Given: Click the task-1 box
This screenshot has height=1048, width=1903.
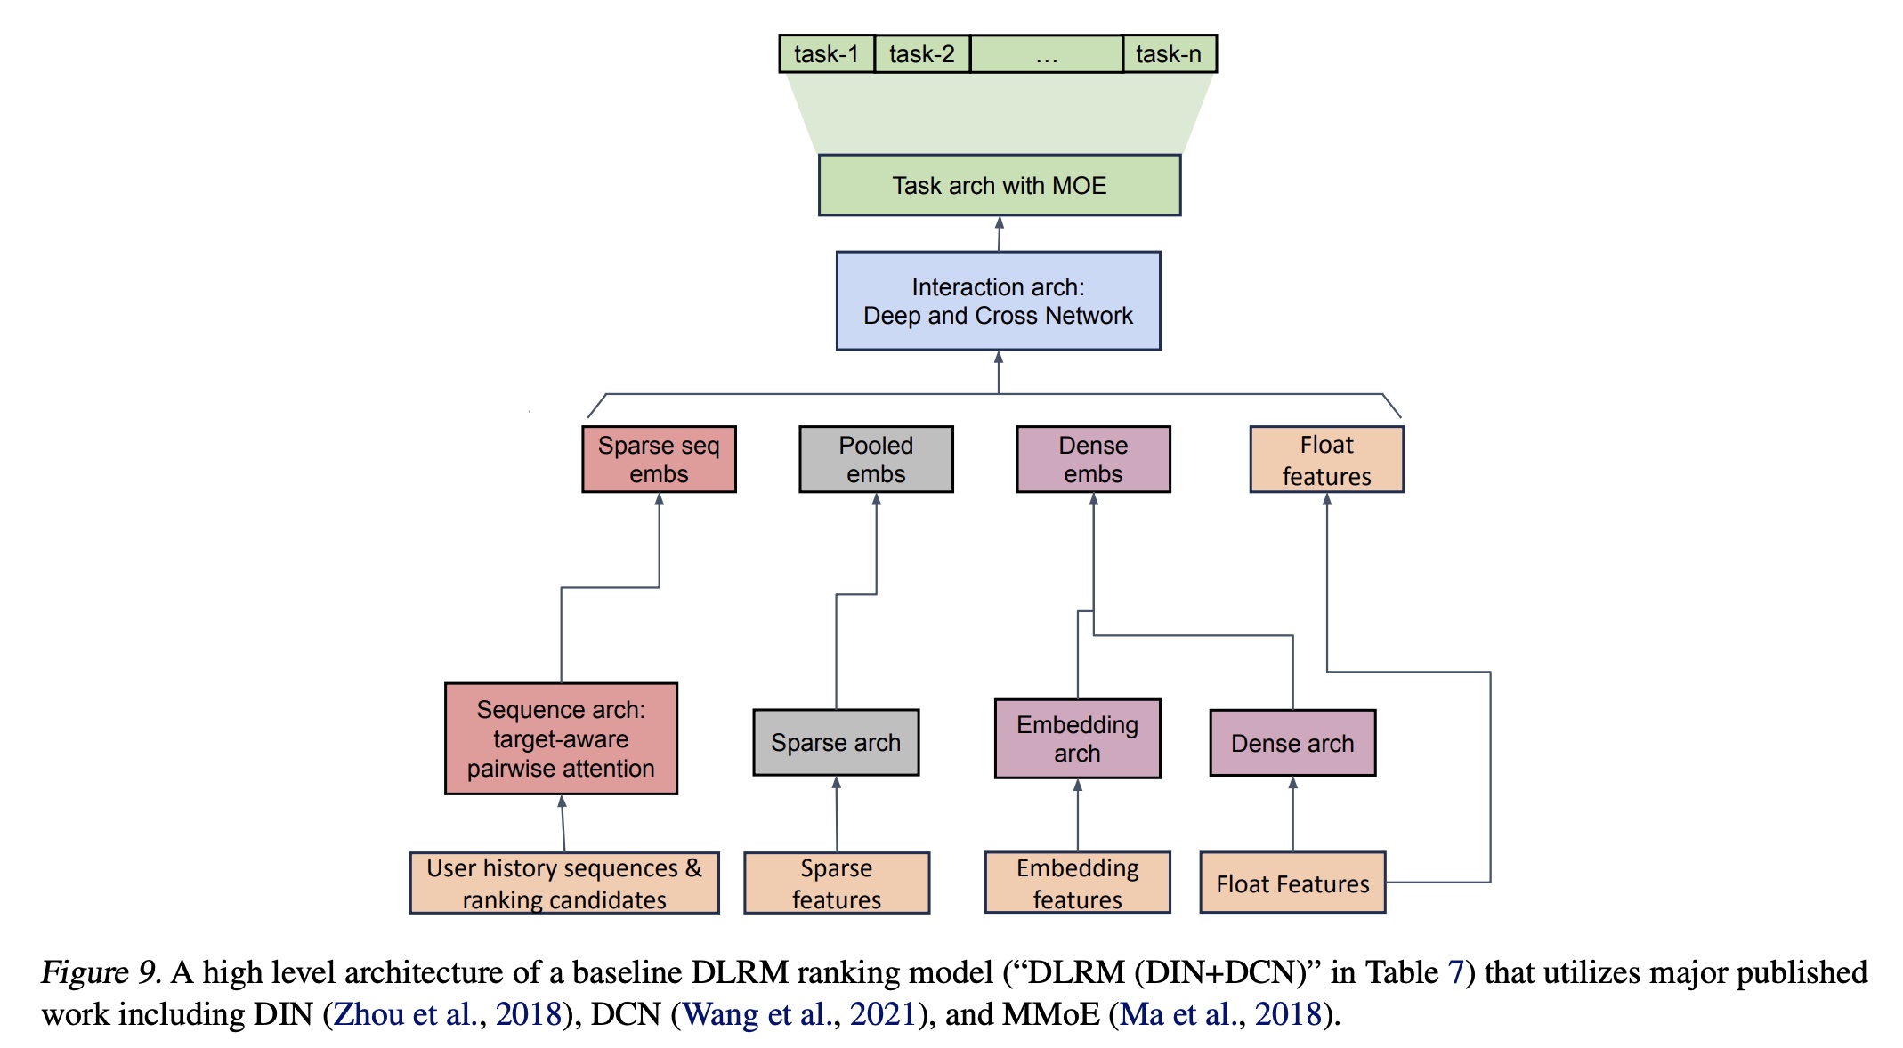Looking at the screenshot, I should (827, 54).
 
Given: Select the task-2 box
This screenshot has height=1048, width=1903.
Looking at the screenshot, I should (922, 54).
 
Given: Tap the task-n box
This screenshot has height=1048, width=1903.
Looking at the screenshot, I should (1169, 54).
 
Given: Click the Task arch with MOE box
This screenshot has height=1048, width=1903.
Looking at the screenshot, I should (1000, 185).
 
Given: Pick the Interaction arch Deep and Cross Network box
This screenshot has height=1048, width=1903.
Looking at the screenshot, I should (998, 301).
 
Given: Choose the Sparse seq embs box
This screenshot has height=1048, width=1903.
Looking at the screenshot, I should (659, 459).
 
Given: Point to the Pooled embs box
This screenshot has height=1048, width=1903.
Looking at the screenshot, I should (876, 459).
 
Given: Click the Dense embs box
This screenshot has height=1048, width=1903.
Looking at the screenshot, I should (1093, 459).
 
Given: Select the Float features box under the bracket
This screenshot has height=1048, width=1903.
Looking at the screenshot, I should (1326, 459).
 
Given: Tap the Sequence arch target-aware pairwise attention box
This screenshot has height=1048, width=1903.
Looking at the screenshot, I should (561, 738).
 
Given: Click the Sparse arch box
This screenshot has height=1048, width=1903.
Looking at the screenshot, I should (836, 742).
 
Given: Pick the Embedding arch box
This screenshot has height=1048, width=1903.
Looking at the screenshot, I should (1077, 738).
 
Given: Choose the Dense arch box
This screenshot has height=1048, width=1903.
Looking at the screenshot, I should (1292, 743).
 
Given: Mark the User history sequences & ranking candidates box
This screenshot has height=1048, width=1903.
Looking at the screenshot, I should (564, 883).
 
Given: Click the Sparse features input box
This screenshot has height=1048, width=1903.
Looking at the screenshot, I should (837, 883).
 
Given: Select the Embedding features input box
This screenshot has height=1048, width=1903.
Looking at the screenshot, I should (1077, 883).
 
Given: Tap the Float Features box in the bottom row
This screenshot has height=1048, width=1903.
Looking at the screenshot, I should (1292, 883).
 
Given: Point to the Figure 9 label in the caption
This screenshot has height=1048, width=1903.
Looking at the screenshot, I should (101, 972).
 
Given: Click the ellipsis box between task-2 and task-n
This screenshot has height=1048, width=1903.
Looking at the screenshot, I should (1047, 54).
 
